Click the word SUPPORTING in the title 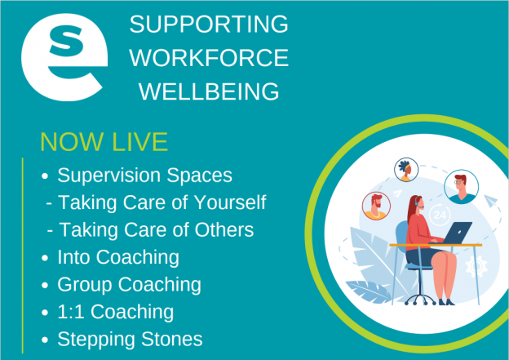click(209, 24)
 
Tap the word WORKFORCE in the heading click(209, 58)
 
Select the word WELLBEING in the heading click(209, 91)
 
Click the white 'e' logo click(64, 57)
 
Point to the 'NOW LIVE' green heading click(104, 142)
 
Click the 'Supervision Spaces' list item click(144, 176)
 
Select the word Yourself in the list click(230, 202)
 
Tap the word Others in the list click(224, 229)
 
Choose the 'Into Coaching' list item click(118, 257)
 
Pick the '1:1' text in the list click(71, 312)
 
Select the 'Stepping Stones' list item click(130, 340)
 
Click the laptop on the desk click(452, 233)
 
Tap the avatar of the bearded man click(376, 206)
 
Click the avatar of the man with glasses click(462, 187)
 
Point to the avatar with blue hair click(406, 170)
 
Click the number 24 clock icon click(440, 215)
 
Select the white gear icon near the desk click(476, 266)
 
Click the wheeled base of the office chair click(420, 300)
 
